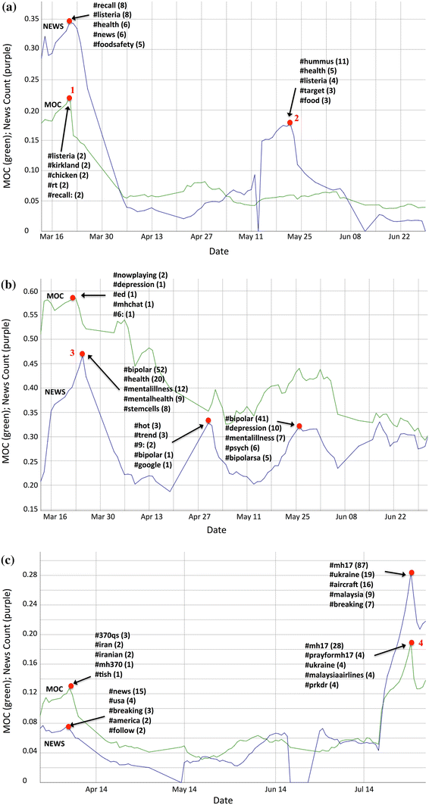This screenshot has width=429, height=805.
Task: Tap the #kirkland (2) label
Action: click(69, 165)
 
